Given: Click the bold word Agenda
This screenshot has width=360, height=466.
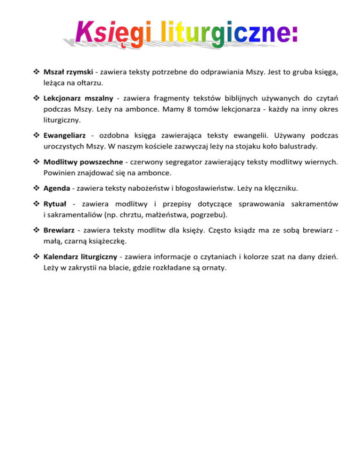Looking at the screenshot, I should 56,189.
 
